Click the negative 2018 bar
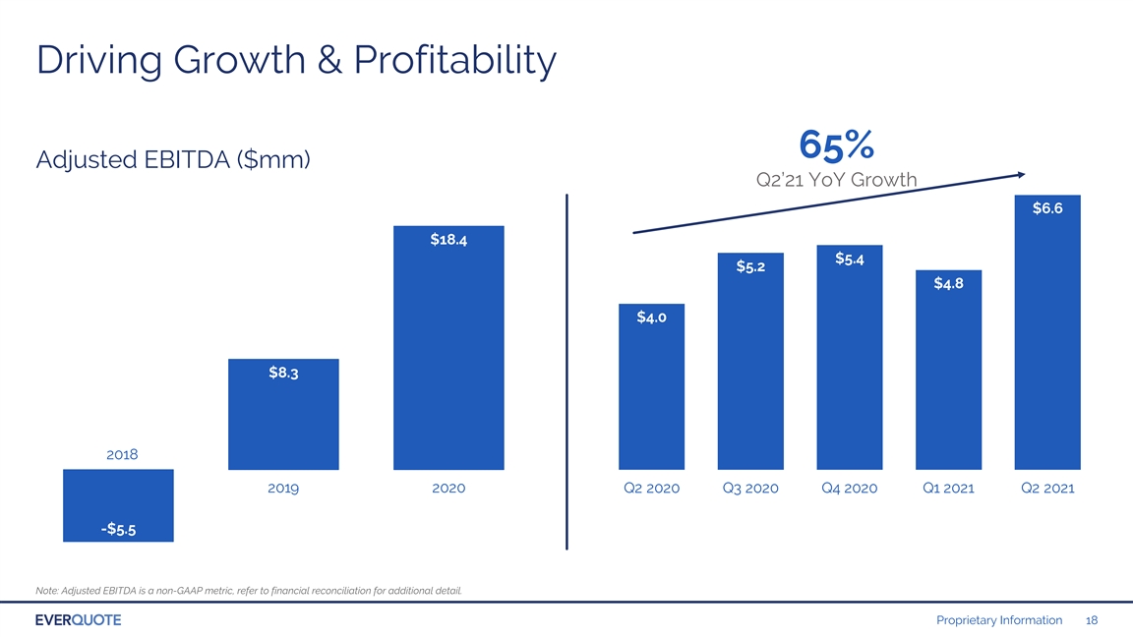(118, 505)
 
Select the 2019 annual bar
(283, 415)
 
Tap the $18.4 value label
(448, 240)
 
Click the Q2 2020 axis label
(652, 489)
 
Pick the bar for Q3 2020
(750, 361)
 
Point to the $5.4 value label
(850, 260)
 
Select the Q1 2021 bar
(949, 370)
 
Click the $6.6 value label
(1047, 208)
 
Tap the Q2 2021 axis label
(1047, 489)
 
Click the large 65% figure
(837, 145)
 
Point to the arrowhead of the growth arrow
(1022, 174)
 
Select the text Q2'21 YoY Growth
(837, 180)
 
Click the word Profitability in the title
(455, 60)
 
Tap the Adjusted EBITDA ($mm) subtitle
(173, 159)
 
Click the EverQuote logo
(78, 620)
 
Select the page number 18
(1092, 620)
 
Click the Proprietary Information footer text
(999, 620)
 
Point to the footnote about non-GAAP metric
(249, 591)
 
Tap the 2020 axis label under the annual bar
(448, 489)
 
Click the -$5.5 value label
(118, 530)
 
